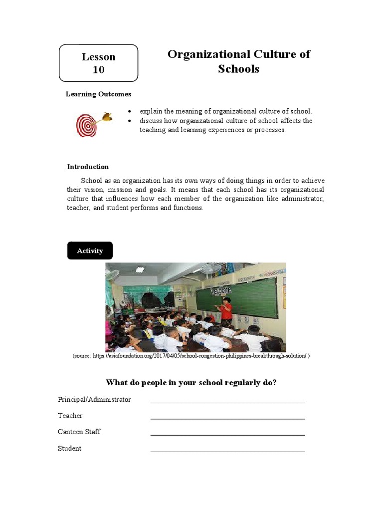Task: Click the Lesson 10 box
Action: click(98, 63)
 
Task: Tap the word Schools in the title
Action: click(238, 69)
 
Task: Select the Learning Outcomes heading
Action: click(99, 94)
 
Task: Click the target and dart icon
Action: click(93, 124)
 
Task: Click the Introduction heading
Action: click(88, 167)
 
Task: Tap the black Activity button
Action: click(90, 251)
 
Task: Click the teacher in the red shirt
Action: click(226, 309)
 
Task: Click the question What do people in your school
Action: click(191, 382)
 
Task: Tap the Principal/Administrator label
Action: click(94, 399)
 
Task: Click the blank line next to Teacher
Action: click(227, 418)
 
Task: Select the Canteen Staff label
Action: click(79, 432)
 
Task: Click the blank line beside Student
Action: click(227, 451)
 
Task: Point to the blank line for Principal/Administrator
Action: click(227, 402)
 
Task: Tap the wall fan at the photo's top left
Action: click(112, 274)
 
